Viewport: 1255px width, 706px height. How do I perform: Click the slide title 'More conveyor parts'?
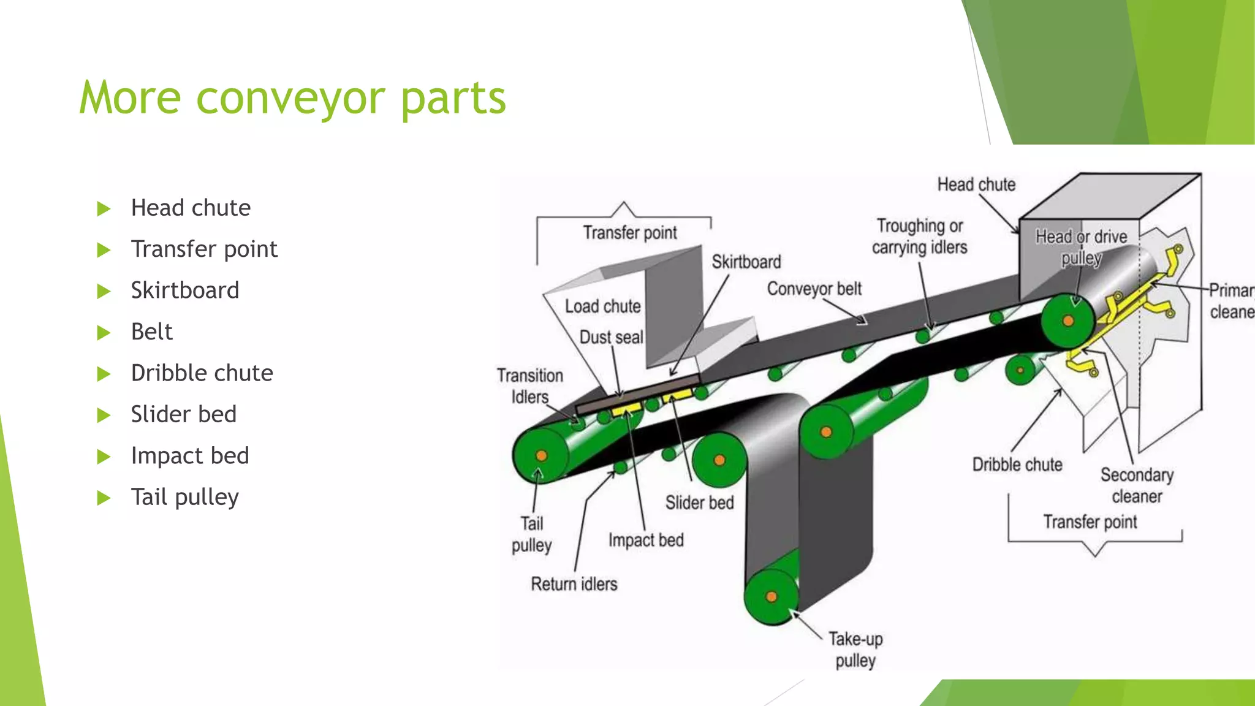pos(292,98)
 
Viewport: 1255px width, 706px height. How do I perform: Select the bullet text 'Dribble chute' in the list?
pos(202,373)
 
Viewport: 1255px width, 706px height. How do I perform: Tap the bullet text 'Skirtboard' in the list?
pos(184,290)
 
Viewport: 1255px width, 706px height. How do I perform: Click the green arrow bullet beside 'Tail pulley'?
pos(104,497)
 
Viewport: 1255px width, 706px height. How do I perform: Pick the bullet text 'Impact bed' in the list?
pos(190,455)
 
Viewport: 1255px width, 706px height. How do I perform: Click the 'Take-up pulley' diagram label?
pos(855,650)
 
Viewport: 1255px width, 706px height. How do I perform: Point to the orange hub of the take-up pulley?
pos(772,596)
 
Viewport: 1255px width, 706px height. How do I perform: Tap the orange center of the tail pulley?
pos(541,455)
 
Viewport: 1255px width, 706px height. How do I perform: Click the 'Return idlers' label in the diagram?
pos(574,584)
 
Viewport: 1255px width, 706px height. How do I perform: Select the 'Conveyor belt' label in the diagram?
pos(814,289)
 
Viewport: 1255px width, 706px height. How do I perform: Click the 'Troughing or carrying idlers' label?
pos(919,237)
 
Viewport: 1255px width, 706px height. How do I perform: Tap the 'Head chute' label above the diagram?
pos(976,184)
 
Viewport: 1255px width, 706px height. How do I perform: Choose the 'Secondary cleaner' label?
pos(1137,485)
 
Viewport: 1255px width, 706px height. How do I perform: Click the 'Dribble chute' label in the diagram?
pos(1017,465)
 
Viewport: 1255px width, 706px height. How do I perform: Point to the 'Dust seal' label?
pos(611,337)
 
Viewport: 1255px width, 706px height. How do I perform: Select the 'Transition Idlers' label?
pos(530,386)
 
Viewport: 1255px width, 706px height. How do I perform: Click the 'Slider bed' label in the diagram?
pos(699,503)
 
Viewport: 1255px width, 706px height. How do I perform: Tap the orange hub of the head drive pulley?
pos(1068,321)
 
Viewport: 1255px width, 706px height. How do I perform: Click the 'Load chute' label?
pos(602,306)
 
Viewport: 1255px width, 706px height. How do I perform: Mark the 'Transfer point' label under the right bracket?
pos(1090,522)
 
